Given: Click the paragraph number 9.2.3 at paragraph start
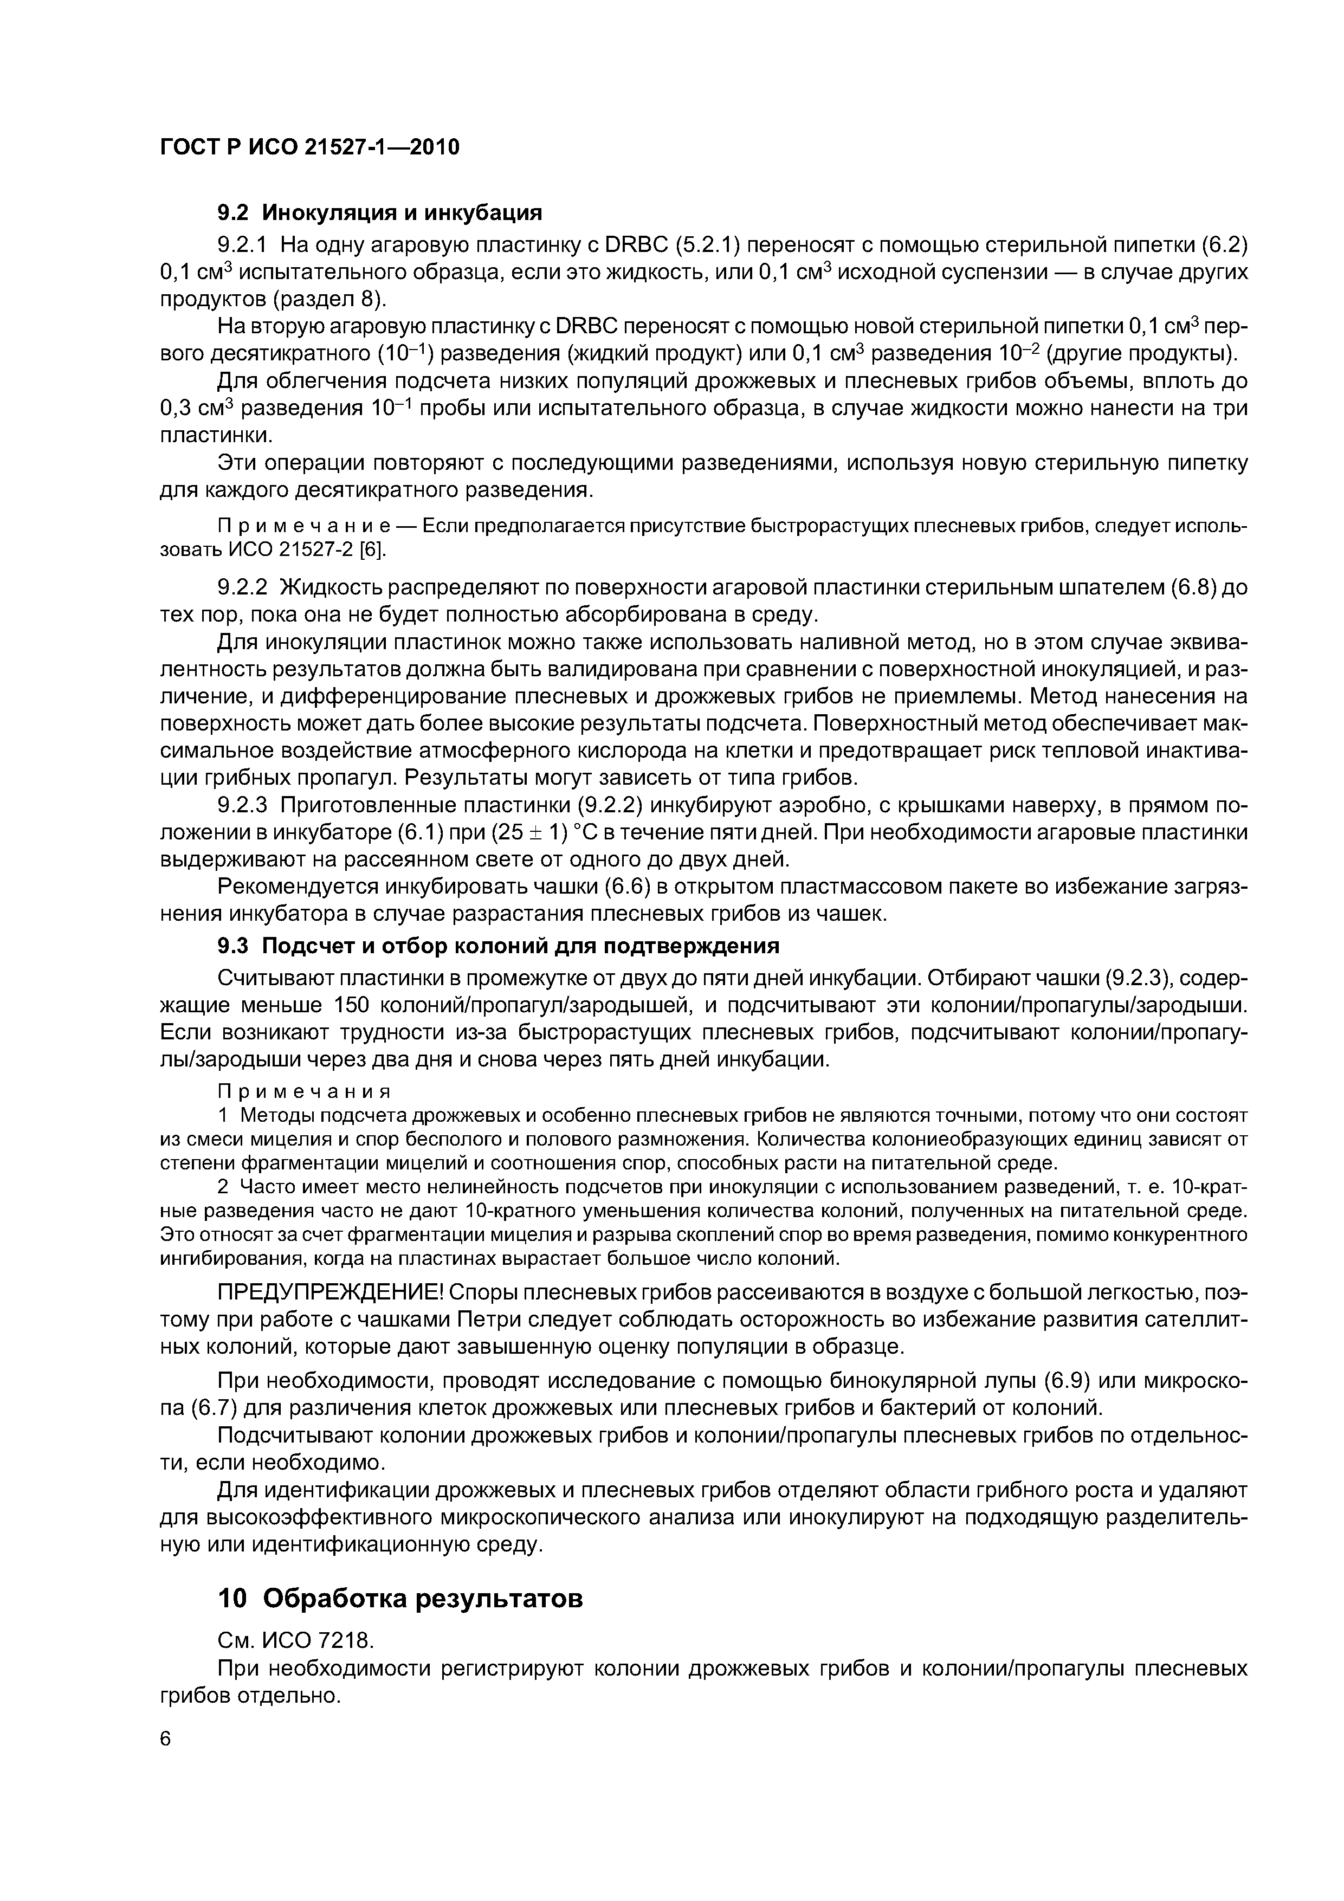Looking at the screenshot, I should [243, 805].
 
